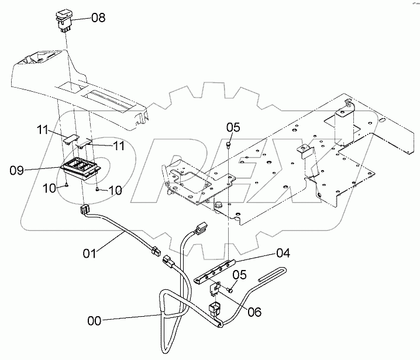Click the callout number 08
click(98, 18)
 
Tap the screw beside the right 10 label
click(97, 188)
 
